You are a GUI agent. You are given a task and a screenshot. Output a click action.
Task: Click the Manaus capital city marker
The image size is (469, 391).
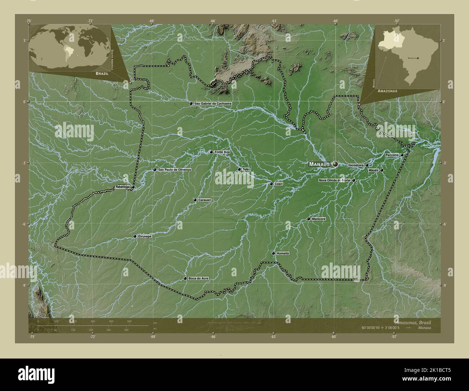335,164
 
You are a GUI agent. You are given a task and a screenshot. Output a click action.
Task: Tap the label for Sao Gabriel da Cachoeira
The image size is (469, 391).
212,104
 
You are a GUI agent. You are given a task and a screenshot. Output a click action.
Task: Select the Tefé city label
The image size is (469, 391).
245,169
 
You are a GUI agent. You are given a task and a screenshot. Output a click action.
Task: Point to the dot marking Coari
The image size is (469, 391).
271,184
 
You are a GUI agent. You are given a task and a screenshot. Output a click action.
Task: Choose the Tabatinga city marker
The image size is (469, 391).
133,187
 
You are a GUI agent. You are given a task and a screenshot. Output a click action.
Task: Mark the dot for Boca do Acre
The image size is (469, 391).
185,278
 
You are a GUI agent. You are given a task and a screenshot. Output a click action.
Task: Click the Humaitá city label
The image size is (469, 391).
283,254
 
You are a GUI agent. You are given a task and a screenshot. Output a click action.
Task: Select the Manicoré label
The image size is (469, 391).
319,219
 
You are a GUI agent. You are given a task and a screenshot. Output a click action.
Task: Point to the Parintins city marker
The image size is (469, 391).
402,155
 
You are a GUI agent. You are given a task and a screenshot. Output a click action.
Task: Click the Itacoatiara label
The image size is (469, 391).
355,165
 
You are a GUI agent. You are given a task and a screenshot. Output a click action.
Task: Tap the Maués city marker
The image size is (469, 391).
381,170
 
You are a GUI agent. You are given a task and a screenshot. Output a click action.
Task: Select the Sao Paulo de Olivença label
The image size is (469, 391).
174,170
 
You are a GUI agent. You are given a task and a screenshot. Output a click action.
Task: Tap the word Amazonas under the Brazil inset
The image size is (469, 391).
387,91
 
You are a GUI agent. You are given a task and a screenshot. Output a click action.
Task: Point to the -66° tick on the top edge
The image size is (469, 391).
213,21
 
